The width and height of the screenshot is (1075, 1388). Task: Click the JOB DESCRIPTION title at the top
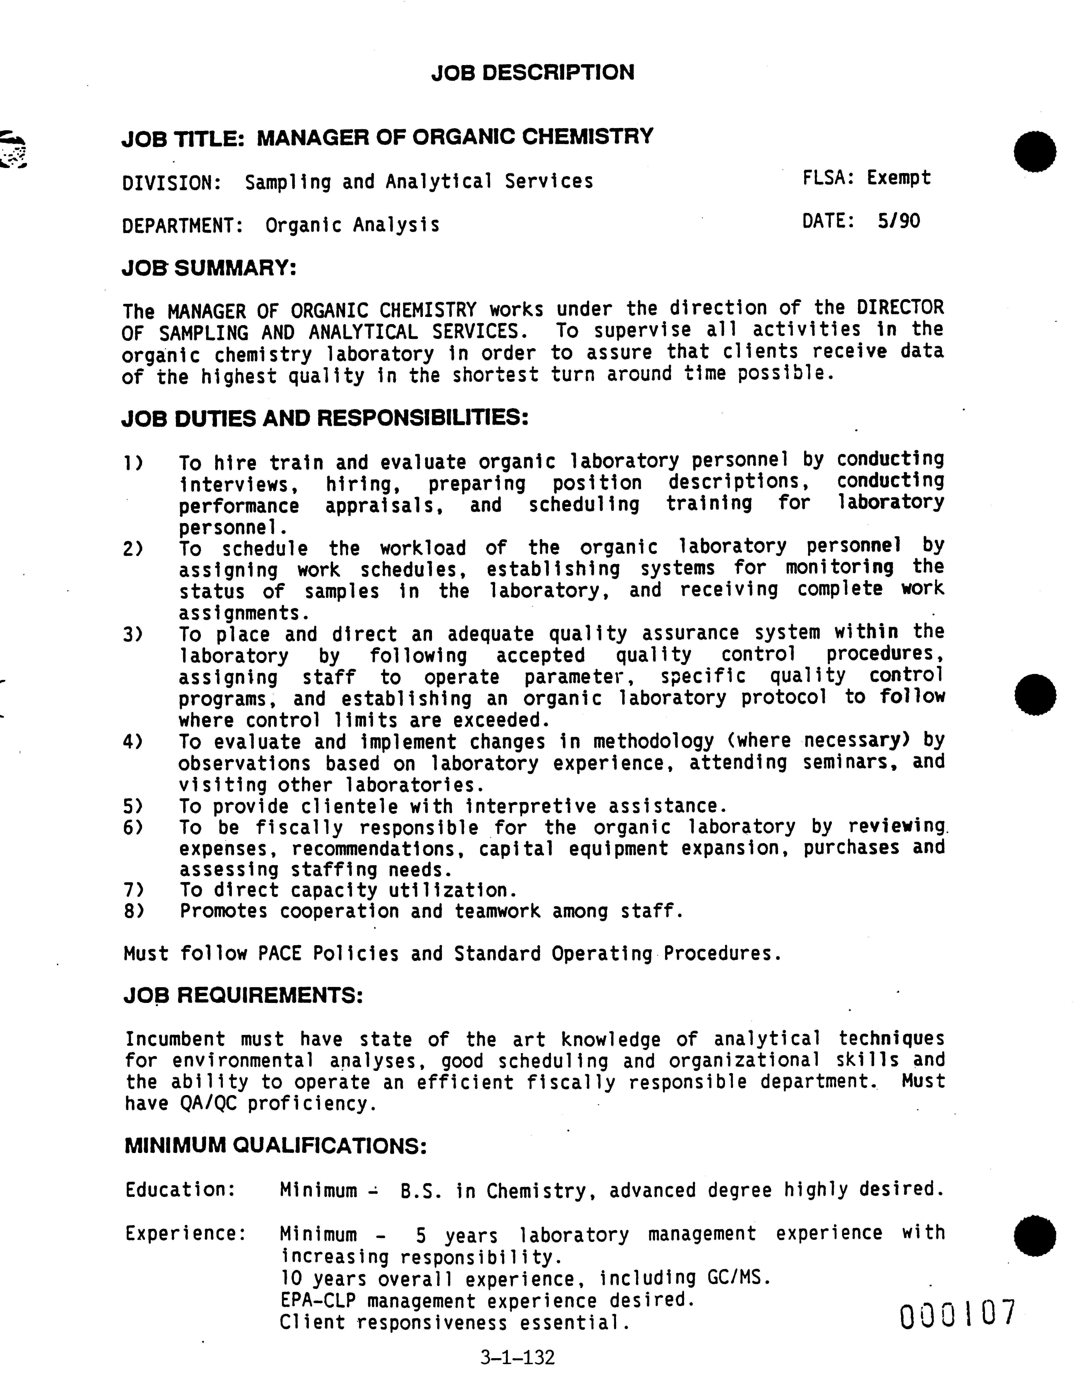[532, 72]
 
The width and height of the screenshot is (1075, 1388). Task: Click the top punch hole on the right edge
[1035, 152]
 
